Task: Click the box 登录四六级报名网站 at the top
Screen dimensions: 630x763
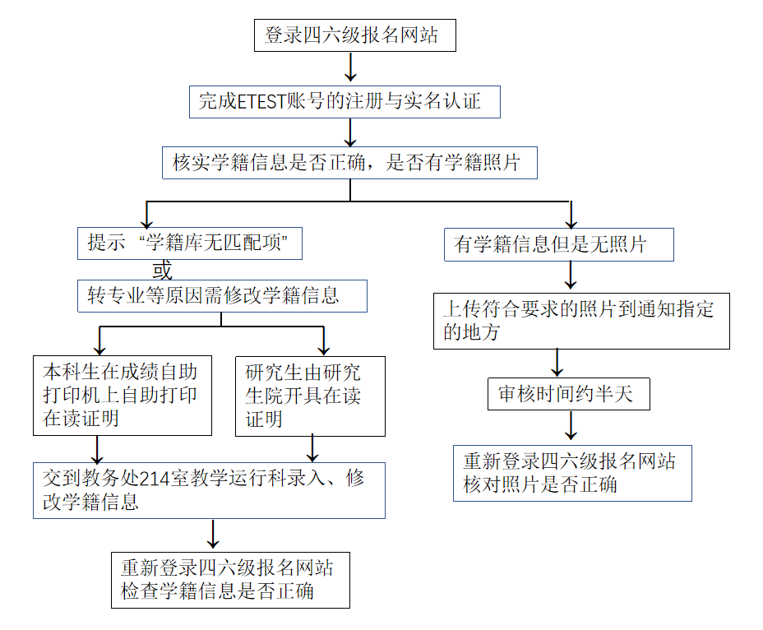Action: pyautogui.click(x=354, y=35)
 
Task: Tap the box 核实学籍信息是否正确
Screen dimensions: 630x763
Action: pyautogui.click(x=349, y=162)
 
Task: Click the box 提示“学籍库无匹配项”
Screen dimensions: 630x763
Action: pyautogui.click(x=189, y=243)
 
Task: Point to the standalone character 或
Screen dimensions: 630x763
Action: pyautogui.click(x=163, y=270)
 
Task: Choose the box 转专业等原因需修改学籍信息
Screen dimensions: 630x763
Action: pyautogui.click(x=222, y=295)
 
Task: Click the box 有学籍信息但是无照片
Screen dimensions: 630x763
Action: pyautogui.click(x=558, y=244)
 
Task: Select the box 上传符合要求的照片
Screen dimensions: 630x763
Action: pyautogui.click(x=581, y=321)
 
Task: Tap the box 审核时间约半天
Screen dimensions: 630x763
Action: pyautogui.click(x=569, y=395)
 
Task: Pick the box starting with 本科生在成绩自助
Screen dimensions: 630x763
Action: pyautogui.click(x=122, y=395)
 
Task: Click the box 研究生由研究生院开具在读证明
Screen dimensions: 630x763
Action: pyautogui.click(x=309, y=395)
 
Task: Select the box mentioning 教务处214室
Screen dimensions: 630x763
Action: pyautogui.click(x=209, y=490)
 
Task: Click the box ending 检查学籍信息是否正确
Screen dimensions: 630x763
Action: pyautogui.click(x=230, y=580)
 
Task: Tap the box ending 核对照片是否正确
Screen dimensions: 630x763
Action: pyautogui.click(x=572, y=473)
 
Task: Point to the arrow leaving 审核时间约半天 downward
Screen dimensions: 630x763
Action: pyautogui.click(x=571, y=426)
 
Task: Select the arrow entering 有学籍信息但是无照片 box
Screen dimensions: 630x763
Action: pyautogui.click(x=571, y=215)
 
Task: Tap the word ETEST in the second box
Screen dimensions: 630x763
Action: pyautogui.click(x=261, y=102)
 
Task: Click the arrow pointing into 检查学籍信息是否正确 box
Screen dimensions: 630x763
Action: pyautogui.click(x=214, y=535)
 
